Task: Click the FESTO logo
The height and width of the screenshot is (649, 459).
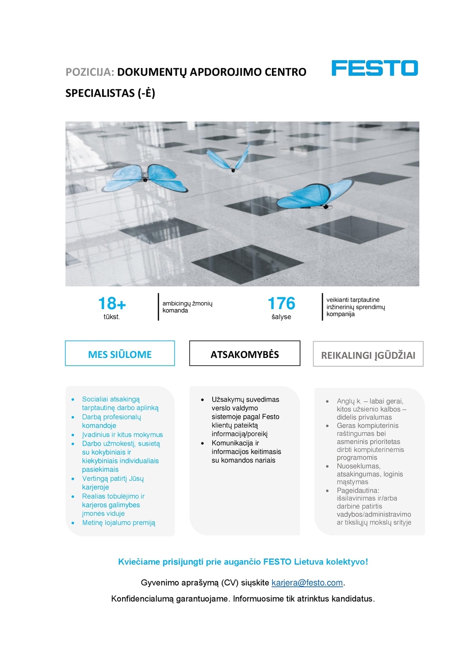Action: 374,68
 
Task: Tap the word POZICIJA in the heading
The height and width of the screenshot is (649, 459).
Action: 90,72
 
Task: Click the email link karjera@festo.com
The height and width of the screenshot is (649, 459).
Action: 307,582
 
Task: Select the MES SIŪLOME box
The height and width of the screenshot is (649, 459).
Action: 120,354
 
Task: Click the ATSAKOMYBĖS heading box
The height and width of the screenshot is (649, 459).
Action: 244,354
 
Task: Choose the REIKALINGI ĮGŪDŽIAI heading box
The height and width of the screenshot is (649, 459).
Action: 368,355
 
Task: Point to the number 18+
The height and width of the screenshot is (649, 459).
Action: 112,304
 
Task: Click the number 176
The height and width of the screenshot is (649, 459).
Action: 282,304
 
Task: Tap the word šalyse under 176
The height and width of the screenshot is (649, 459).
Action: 281,317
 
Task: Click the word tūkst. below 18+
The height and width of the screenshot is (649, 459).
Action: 112,317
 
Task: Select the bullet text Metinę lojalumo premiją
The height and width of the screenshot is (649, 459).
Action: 119,522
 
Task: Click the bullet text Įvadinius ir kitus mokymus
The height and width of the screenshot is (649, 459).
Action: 122,434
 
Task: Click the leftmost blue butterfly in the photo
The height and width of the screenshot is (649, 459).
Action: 146,178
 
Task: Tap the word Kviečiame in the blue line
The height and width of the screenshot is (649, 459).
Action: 139,562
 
